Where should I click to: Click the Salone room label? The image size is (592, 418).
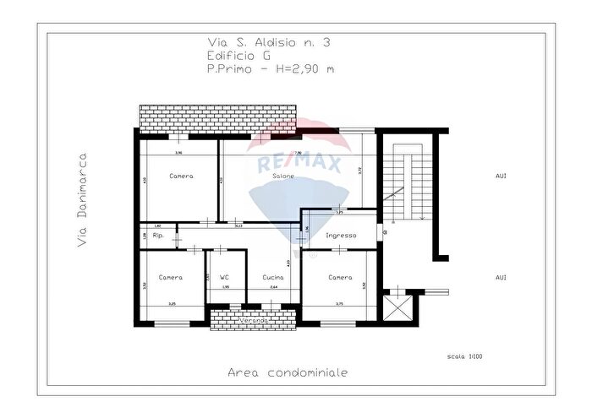282,176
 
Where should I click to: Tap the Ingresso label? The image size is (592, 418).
340,236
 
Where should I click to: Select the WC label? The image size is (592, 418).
224,277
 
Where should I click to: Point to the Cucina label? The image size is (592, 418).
272,277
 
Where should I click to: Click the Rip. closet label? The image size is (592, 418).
157,236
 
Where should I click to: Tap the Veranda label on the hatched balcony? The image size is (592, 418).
254,321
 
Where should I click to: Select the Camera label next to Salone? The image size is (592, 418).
181,176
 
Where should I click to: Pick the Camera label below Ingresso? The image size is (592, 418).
340,277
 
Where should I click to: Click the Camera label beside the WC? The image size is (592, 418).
170,277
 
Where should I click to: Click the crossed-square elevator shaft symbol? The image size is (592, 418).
396,305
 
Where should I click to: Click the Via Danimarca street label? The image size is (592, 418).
82,200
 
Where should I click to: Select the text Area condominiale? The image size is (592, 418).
288,372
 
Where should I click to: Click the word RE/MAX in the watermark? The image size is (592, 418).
293,164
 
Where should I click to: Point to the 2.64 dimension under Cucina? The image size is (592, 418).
272,287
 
